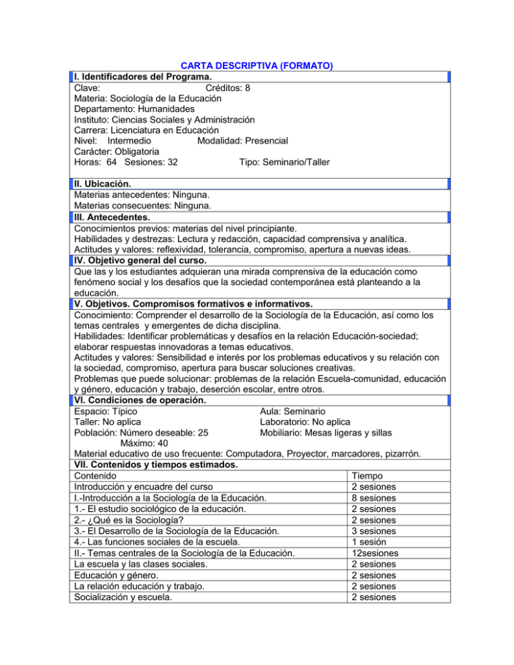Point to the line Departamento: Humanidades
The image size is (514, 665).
tap(135, 108)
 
